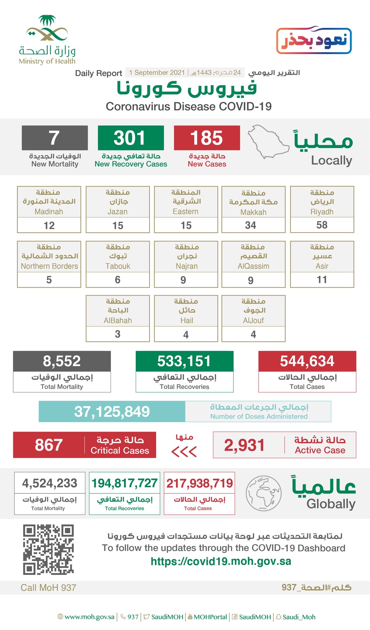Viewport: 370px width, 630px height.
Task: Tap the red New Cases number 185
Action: click(x=207, y=138)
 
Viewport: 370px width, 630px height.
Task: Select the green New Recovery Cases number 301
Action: click(x=131, y=138)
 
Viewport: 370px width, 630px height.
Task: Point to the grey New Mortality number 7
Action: click(x=54, y=138)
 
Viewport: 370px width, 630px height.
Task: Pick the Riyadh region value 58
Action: click(x=322, y=225)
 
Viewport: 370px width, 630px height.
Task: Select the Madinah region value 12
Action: click(x=49, y=225)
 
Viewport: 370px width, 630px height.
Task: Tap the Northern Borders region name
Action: click(x=49, y=266)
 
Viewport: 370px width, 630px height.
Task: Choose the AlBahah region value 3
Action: click(x=118, y=334)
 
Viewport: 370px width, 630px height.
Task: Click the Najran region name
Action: click(x=187, y=266)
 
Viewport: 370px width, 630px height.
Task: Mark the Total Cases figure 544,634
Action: click(x=307, y=361)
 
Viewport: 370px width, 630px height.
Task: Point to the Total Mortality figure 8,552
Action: click(x=62, y=361)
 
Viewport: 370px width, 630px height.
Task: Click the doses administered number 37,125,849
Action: click(x=112, y=411)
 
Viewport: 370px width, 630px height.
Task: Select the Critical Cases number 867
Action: click(x=49, y=445)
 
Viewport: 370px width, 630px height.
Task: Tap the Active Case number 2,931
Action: click(x=244, y=445)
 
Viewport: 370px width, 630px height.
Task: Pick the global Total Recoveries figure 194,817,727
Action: click(x=124, y=483)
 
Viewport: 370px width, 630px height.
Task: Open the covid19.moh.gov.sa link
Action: click(x=221, y=561)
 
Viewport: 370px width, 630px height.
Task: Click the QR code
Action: click(x=48, y=549)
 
